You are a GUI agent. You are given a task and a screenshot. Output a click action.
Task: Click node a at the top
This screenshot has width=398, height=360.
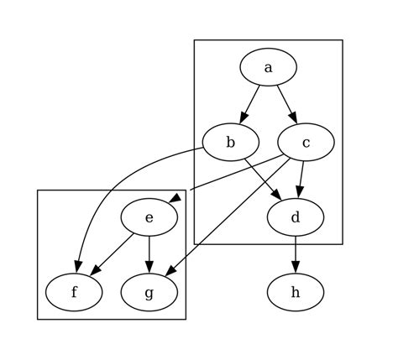[268, 68]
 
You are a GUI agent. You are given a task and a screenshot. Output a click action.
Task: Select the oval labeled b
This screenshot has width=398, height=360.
[230, 143]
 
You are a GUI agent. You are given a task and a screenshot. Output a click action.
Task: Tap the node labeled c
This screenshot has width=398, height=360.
[306, 143]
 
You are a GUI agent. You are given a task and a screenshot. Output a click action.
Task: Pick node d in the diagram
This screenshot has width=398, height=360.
[296, 217]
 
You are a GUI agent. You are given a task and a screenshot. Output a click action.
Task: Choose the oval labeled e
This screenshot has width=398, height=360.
[149, 217]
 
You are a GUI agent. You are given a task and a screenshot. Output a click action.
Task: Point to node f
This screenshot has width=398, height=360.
[74, 292]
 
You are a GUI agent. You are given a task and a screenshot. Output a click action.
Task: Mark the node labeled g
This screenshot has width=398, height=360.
[149, 292]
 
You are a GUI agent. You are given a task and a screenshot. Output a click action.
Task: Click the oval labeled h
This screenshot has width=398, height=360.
[296, 292]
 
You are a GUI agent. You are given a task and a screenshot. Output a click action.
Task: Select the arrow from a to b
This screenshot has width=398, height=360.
[250, 104]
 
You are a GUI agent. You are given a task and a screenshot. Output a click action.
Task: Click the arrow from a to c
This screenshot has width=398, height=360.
[285, 104]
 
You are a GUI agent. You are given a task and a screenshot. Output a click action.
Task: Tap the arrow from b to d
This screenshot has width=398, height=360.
[262, 179]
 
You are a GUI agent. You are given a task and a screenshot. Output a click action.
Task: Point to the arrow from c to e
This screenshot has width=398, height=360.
[227, 175]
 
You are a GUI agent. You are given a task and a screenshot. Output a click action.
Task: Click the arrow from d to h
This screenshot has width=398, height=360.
[296, 254]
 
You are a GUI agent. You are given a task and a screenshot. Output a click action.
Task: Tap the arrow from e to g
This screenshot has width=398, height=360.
[149, 254]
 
